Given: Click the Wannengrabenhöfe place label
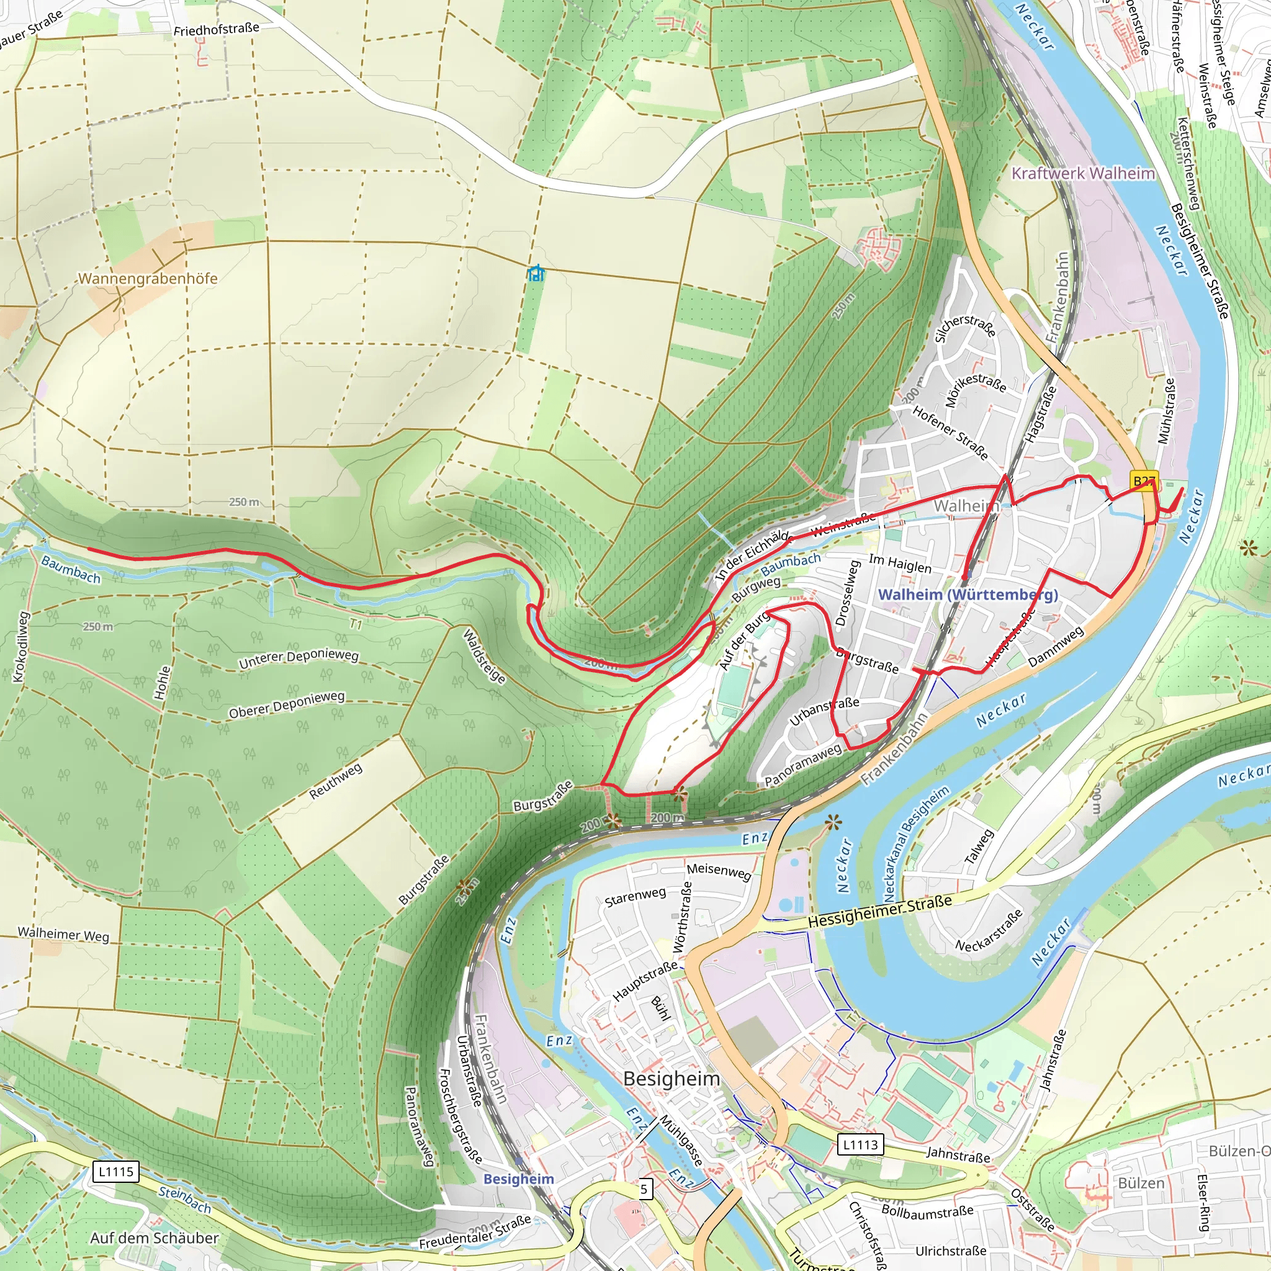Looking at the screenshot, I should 148,278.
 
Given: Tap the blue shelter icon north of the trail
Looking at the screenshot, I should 536,272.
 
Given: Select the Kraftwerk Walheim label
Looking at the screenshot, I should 1083,173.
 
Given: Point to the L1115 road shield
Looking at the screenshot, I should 116,1171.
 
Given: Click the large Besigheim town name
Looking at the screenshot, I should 671,1079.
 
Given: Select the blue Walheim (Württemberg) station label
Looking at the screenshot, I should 968,594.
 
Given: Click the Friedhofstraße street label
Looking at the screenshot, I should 217,30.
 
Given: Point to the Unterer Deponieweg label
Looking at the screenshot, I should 299,658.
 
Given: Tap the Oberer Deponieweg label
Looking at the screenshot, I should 287,704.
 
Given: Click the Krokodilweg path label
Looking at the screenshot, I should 21,647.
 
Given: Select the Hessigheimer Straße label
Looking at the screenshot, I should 879,911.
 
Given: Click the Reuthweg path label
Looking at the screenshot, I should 336,781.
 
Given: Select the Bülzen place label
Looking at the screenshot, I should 1141,1183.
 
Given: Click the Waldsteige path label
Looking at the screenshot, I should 485,657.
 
